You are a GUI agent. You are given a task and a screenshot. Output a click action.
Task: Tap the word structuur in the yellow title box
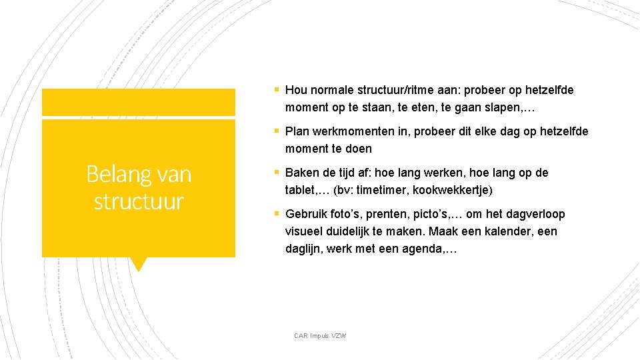point(139,201)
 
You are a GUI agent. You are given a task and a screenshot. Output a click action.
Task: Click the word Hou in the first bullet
point(295,90)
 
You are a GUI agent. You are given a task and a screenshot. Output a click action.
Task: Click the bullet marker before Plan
point(276,131)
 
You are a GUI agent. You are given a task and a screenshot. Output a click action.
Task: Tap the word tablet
point(301,190)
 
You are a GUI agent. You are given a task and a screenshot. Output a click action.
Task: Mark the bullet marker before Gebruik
point(276,214)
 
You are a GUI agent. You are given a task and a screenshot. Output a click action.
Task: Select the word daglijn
point(303,249)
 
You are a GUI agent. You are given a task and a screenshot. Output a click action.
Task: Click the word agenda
point(423,249)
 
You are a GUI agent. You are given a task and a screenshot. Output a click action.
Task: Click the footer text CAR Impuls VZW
point(320,335)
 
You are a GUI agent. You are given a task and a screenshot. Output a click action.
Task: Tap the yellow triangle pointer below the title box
point(138,264)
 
